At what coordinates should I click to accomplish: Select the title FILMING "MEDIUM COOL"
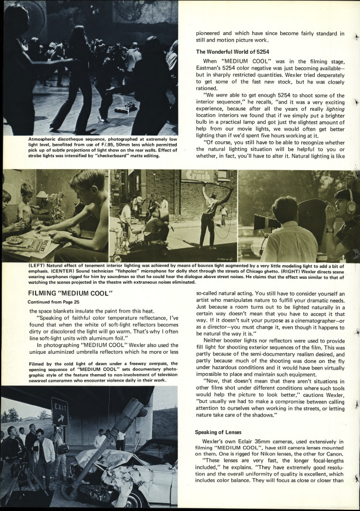click(x=71, y=292)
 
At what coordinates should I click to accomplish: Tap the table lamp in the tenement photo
click(x=42, y=197)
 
